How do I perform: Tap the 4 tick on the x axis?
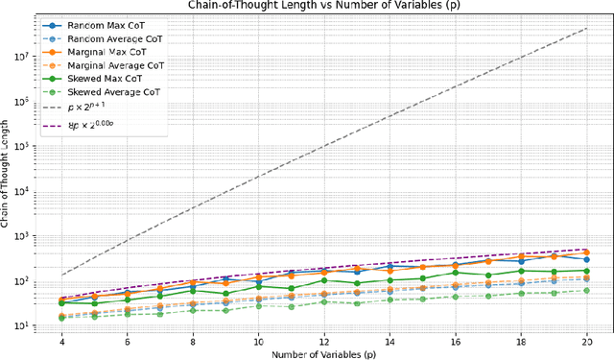click(x=62, y=341)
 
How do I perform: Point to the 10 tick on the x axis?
click(x=258, y=341)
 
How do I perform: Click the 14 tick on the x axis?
click(x=390, y=341)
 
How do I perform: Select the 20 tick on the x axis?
click(x=585, y=341)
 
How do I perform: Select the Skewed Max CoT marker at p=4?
click(x=62, y=302)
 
